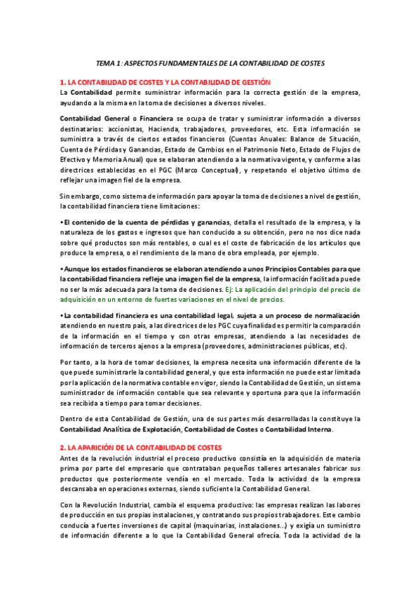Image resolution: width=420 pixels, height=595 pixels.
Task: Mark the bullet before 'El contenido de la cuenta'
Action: pyautogui.click(x=62, y=222)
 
